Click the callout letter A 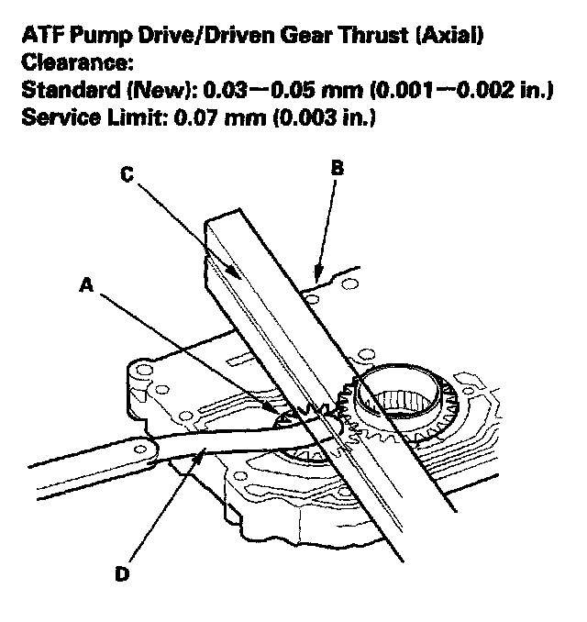point(86,286)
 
